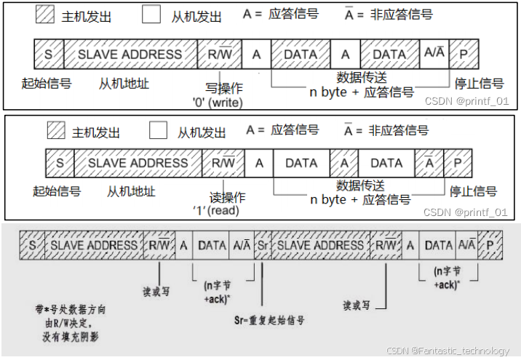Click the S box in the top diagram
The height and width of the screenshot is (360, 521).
pos(49,55)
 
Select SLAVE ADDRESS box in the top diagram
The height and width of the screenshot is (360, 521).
pos(130,55)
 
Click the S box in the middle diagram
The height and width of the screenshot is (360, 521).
pos(60,163)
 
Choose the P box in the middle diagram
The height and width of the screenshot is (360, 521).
pos(458,163)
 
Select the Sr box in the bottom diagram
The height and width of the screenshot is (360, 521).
pos(262,246)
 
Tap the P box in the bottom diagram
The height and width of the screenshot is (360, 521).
pos(490,246)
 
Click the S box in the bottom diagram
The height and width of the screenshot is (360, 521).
pos(33,246)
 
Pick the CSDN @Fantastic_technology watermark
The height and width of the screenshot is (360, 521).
pos(448,351)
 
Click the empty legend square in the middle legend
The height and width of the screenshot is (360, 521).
pos(159,131)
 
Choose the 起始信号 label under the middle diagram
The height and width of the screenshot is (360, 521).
pos(57,191)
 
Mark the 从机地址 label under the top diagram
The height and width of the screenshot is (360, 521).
pos(124,83)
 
